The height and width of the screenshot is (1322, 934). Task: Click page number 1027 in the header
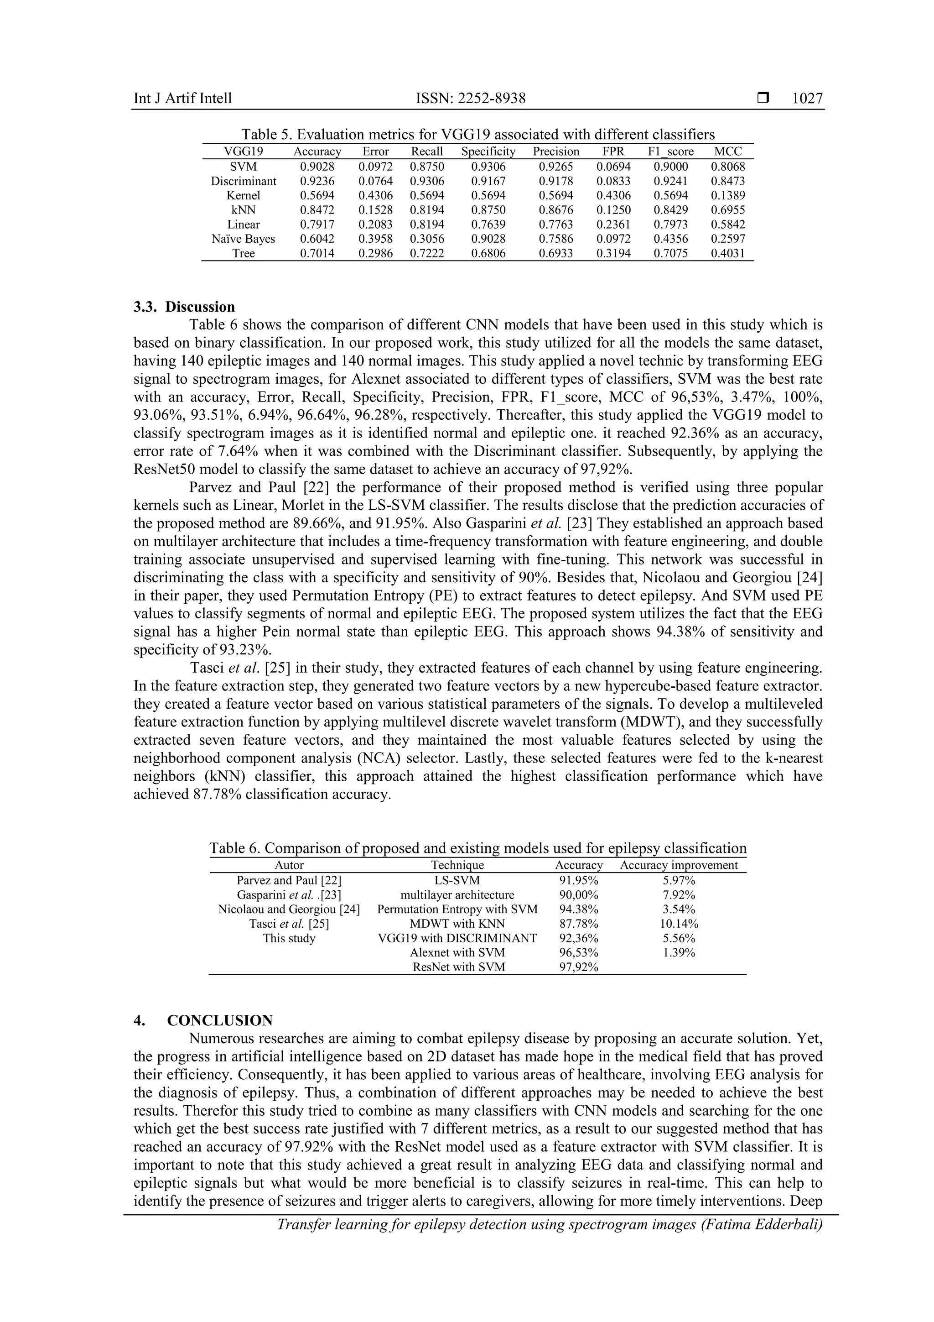807,99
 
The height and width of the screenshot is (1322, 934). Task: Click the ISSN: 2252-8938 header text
470,99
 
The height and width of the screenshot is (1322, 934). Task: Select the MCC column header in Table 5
727,152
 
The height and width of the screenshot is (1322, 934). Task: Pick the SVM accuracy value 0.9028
317,167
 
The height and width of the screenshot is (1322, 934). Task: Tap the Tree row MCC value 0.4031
727,253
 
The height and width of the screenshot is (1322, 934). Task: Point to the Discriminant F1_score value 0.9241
670,181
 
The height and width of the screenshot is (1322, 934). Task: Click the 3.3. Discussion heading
184,307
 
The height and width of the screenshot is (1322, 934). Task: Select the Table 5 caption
477,135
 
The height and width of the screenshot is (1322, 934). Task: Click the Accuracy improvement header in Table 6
679,865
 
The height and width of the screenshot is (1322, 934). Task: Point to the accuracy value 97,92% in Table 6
578,967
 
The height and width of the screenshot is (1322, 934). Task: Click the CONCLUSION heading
219,1021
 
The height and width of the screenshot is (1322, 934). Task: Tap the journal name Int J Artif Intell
182,99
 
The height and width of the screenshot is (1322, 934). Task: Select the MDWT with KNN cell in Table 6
457,924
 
